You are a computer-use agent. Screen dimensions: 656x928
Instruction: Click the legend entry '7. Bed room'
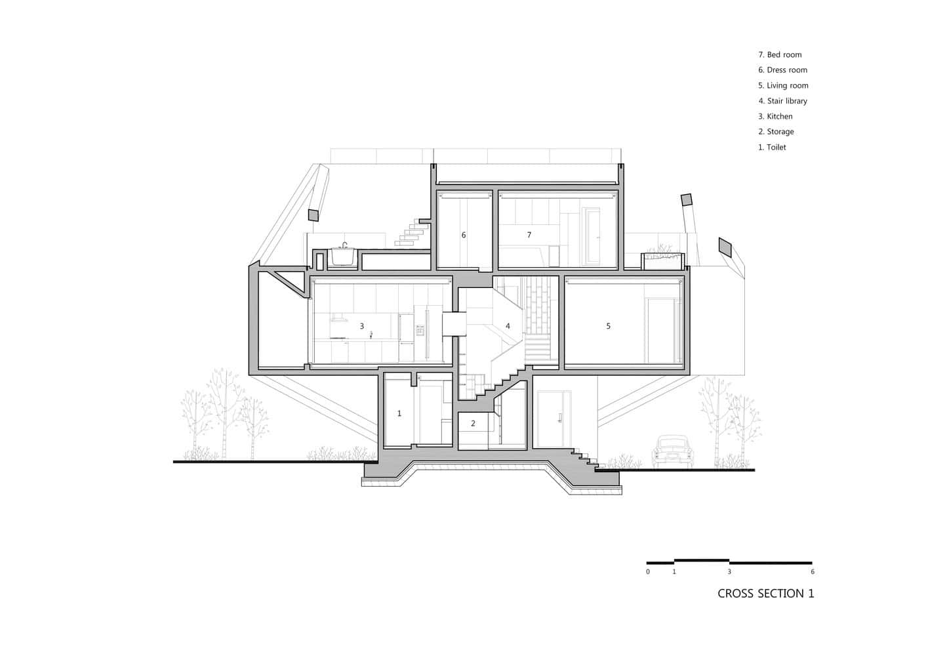(x=780, y=54)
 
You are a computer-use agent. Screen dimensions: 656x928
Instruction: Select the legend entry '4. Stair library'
(x=782, y=101)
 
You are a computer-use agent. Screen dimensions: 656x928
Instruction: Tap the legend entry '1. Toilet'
(x=772, y=148)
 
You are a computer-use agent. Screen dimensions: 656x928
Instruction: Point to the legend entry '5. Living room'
(x=783, y=85)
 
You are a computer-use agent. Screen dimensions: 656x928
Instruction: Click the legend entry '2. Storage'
(x=776, y=132)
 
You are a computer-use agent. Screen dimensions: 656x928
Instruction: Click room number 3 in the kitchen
(x=361, y=326)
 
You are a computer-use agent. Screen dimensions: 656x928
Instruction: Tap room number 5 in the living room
(x=608, y=326)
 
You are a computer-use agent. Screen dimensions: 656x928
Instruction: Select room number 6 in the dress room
(x=464, y=235)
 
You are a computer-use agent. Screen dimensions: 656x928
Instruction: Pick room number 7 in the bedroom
(x=529, y=235)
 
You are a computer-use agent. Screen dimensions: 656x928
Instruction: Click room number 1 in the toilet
(x=399, y=413)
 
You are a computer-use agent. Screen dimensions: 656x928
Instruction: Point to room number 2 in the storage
(x=473, y=424)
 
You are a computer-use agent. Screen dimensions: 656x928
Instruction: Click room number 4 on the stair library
(x=508, y=326)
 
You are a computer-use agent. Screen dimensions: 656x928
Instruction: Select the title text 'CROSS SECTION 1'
(x=765, y=594)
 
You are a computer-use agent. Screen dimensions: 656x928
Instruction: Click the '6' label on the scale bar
(x=812, y=572)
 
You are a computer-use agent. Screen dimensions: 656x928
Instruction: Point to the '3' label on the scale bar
(x=729, y=572)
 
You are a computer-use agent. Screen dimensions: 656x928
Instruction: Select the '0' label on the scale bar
(x=648, y=572)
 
